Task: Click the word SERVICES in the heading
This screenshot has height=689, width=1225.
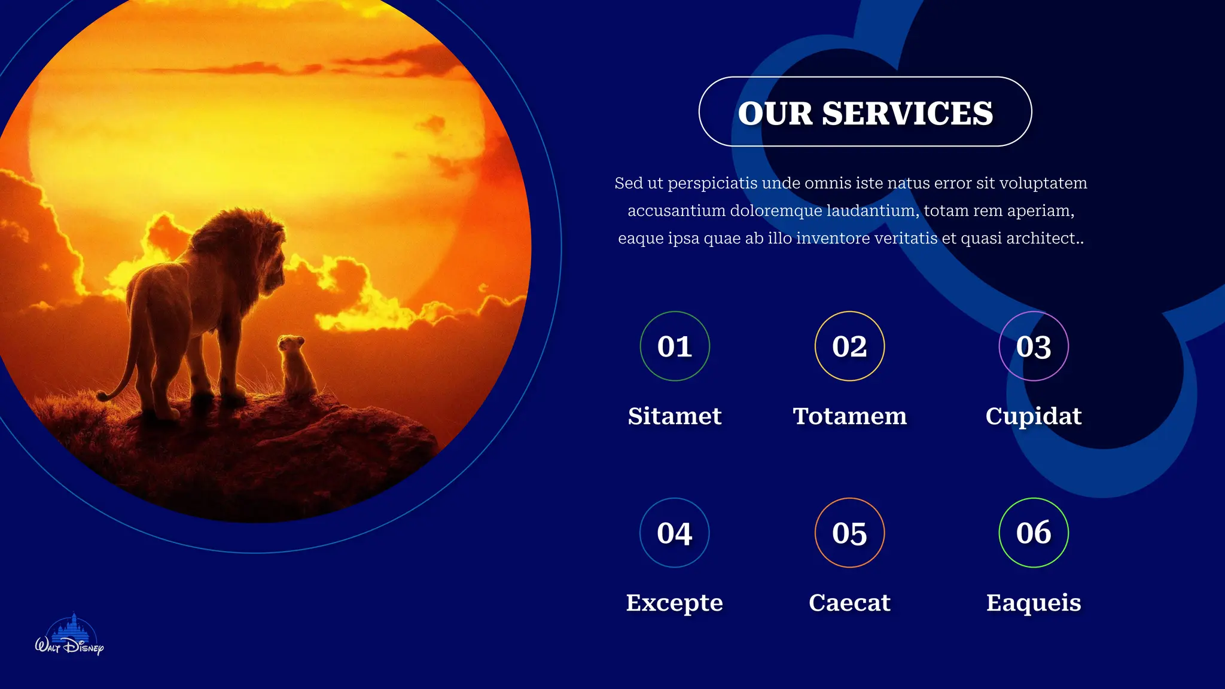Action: (x=907, y=113)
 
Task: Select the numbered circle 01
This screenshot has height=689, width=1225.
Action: (x=675, y=346)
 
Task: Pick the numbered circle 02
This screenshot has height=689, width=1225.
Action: (x=849, y=346)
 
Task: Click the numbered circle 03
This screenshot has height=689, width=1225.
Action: (x=1034, y=346)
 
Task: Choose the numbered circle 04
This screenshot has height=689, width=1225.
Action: (x=675, y=533)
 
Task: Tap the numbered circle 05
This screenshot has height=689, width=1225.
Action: (x=849, y=533)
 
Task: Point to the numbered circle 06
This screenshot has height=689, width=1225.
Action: (x=1034, y=533)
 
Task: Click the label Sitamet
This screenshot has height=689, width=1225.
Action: (x=675, y=416)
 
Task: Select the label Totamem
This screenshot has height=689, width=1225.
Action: (x=849, y=416)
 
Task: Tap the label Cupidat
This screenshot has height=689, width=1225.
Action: (x=1034, y=416)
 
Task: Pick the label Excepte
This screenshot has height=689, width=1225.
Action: (x=675, y=603)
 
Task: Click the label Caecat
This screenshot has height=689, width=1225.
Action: (x=849, y=603)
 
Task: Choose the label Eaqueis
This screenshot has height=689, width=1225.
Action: (x=1034, y=603)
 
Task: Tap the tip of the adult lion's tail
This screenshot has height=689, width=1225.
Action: (x=102, y=395)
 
